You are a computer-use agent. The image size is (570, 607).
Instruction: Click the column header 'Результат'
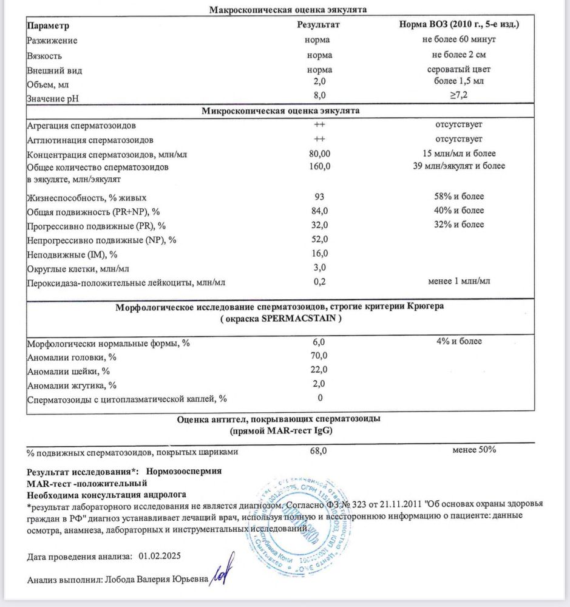pos(318,26)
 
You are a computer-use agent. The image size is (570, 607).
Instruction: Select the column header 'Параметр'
pos(48,26)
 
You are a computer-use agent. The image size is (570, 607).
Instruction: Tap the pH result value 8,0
pos(319,96)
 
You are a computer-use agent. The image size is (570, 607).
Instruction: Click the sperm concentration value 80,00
pos(319,154)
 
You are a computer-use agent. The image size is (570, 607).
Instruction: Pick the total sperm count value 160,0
pos(319,166)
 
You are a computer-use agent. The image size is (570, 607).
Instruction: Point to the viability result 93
pos(319,197)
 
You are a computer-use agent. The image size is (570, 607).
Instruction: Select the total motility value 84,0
pos(319,211)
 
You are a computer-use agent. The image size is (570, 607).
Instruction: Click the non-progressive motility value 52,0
pos(319,239)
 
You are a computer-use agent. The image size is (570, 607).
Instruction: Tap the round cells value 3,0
pos(319,267)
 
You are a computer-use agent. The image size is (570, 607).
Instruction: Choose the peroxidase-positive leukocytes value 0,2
pos(319,282)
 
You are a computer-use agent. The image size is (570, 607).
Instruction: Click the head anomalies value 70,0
pos(319,356)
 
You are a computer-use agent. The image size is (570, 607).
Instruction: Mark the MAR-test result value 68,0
pos(319,451)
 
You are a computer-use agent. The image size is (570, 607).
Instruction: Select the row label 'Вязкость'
pos(46,55)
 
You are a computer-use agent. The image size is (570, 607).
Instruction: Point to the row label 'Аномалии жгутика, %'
pos(71,385)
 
